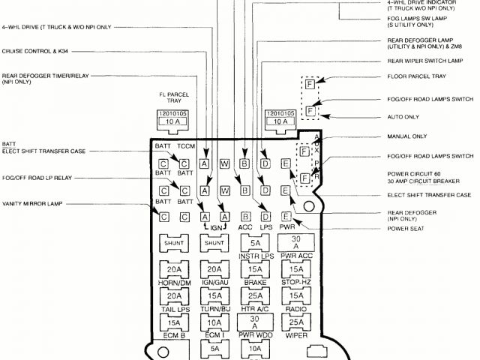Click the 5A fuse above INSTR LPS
pyautogui.click(x=255, y=243)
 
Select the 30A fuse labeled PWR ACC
pyautogui.click(x=295, y=242)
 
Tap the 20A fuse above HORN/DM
pyautogui.click(x=174, y=270)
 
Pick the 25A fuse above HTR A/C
pyautogui.click(x=255, y=296)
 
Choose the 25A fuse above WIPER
pyautogui.click(x=295, y=322)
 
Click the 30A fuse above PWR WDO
pyautogui.click(x=255, y=322)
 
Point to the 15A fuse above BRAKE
pyautogui.click(x=255, y=270)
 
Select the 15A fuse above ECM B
pyautogui.click(x=174, y=322)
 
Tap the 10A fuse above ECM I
pyautogui.click(x=214, y=322)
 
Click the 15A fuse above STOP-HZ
pyautogui.click(x=295, y=270)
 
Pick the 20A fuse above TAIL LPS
pyautogui.click(x=174, y=296)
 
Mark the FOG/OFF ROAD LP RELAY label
pyautogui.click(x=37, y=178)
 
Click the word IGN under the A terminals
pyautogui.click(x=215, y=226)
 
